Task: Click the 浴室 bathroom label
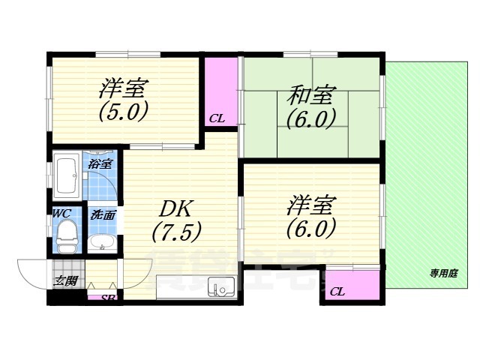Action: pyautogui.click(x=100, y=163)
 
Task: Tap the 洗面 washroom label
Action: pyautogui.click(x=103, y=214)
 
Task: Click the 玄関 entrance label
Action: pyautogui.click(x=65, y=281)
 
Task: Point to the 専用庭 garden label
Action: pyautogui.click(x=443, y=274)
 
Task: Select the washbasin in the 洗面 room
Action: pyautogui.click(x=101, y=242)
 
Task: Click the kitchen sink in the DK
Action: pyautogui.click(x=222, y=287)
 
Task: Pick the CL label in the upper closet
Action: pyautogui.click(x=217, y=118)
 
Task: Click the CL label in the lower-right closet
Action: pyautogui.click(x=337, y=291)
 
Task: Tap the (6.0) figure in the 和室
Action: pyautogui.click(x=310, y=118)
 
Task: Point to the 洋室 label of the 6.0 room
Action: pyautogui.click(x=310, y=204)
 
